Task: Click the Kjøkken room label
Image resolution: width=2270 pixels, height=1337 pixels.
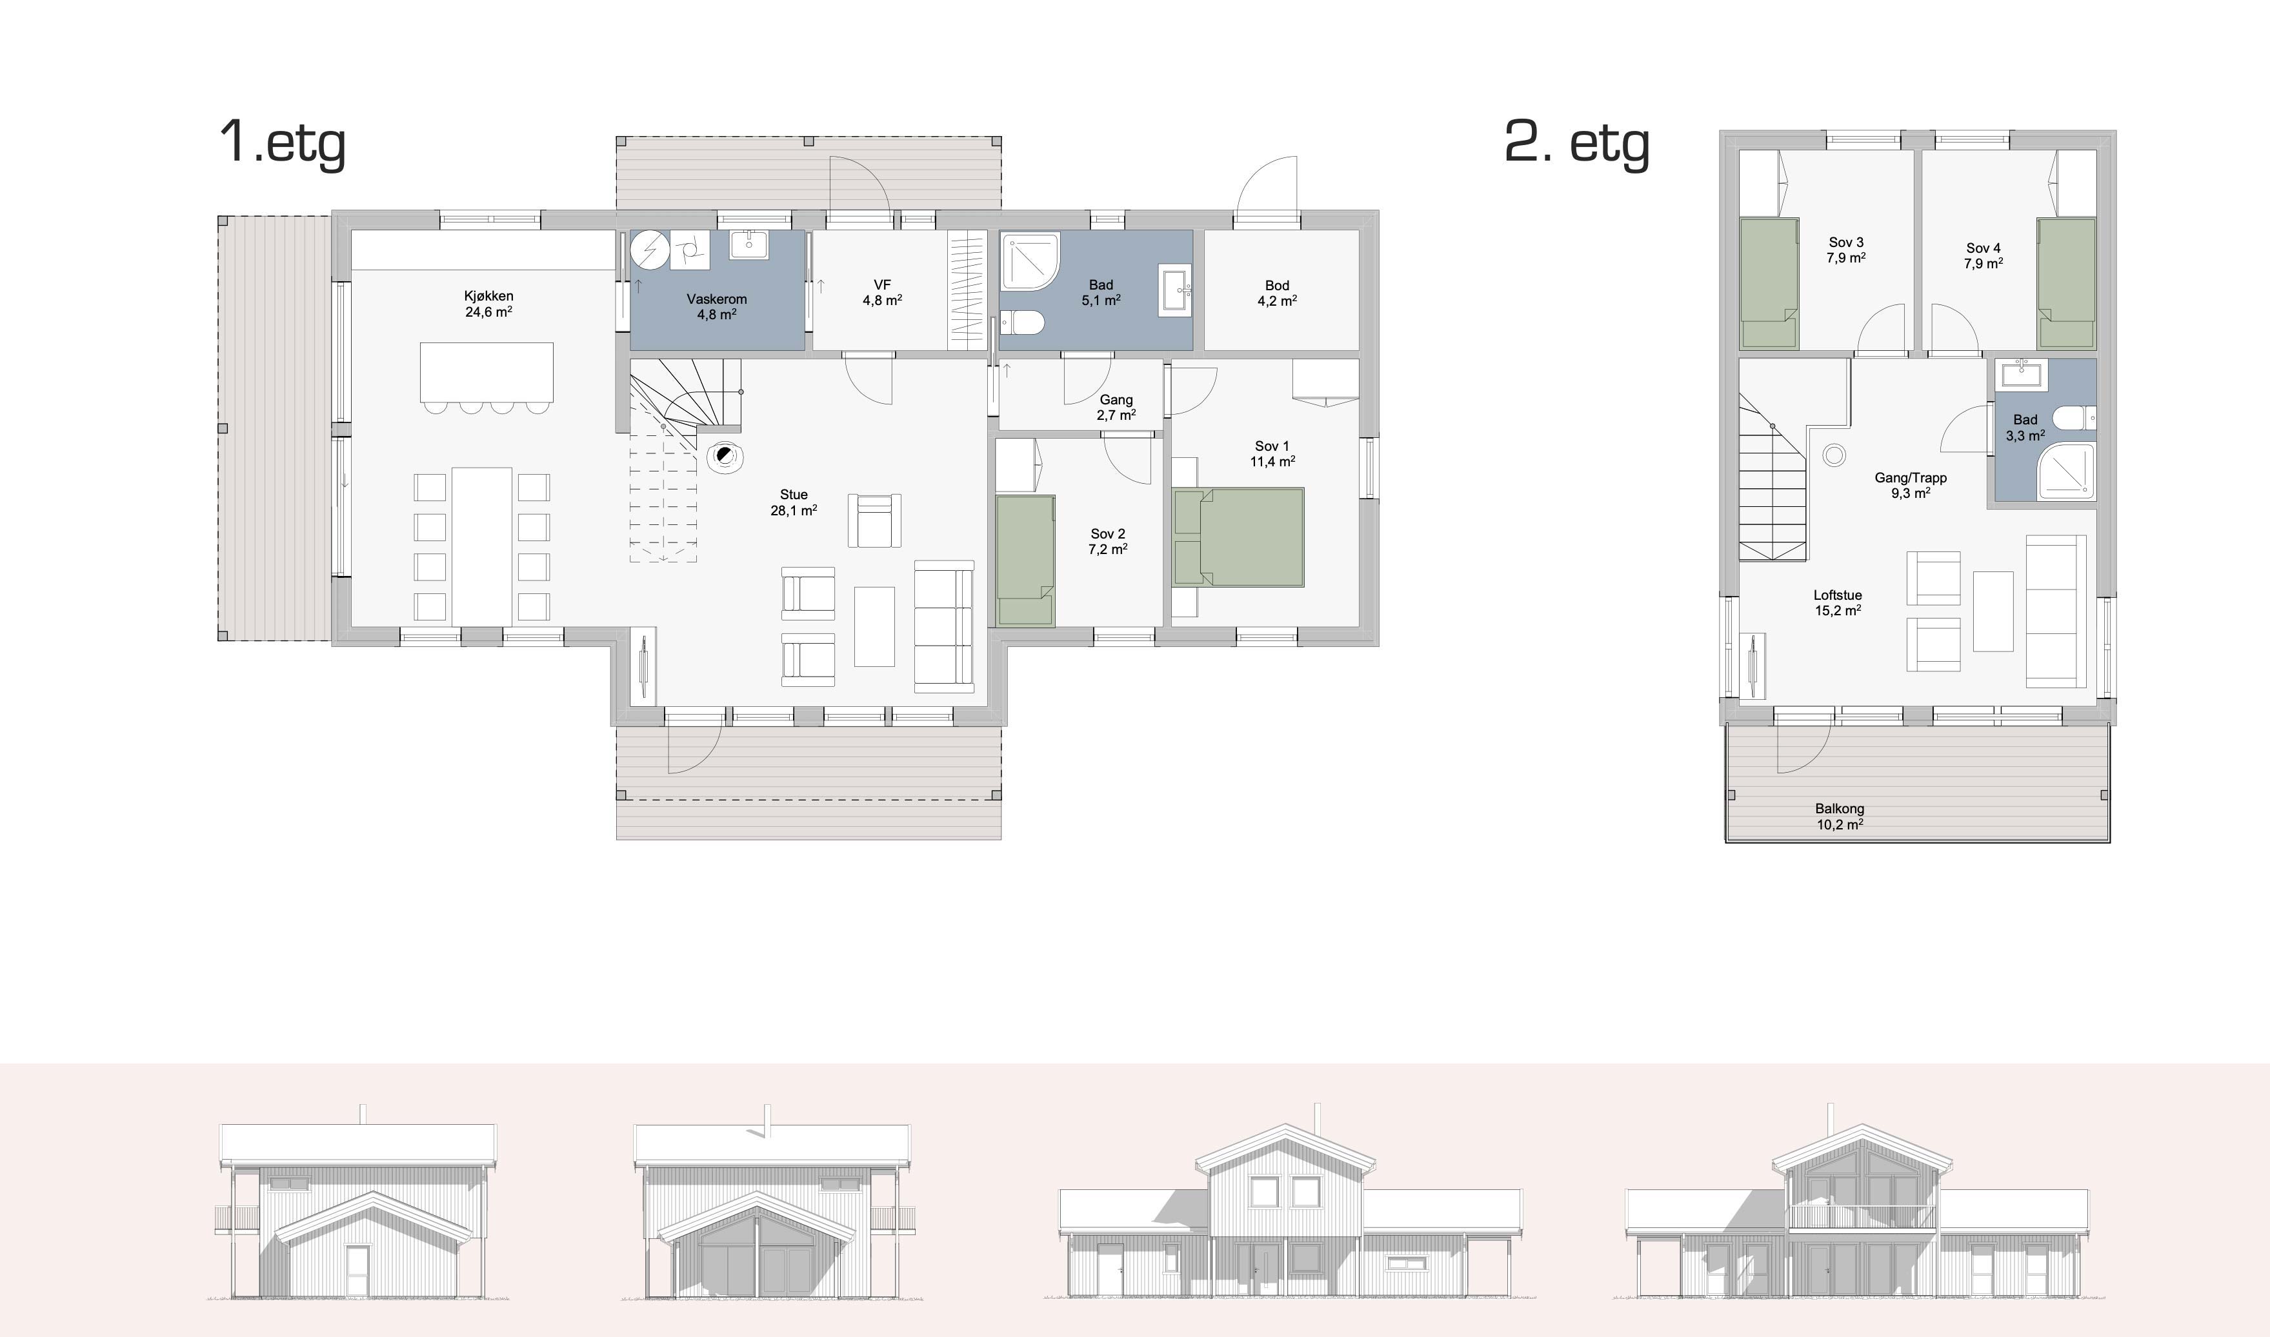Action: click(488, 295)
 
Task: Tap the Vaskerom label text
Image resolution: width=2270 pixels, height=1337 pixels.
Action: click(716, 299)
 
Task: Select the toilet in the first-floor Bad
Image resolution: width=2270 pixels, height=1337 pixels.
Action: click(1022, 322)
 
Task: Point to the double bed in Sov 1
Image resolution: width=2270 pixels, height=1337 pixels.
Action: click(1239, 537)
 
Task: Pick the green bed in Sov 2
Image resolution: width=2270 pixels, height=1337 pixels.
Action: click(1025, 560)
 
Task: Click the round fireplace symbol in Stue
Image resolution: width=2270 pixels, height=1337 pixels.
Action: click(723, 458)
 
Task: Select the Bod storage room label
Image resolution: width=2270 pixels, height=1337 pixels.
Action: click(1277, 286)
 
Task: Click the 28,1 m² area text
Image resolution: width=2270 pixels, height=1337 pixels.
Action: click(794, 511)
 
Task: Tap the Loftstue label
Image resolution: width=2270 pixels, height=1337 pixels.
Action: click(1838, 595)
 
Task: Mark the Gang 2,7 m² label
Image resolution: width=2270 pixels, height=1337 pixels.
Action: click(1116, 407)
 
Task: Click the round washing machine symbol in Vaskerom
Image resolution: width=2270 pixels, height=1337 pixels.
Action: click(650, 250)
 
